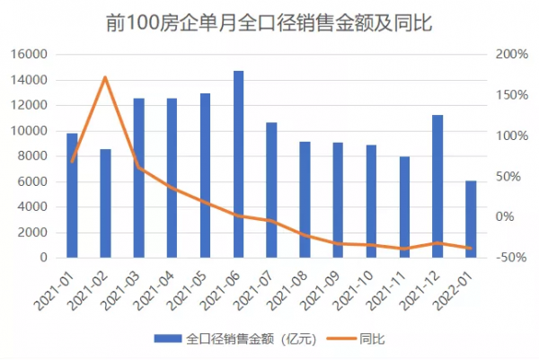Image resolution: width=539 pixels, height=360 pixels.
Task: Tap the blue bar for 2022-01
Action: (471, 219)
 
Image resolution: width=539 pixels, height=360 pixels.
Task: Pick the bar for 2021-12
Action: (437, 186)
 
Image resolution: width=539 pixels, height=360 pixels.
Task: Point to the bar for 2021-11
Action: (404, 206)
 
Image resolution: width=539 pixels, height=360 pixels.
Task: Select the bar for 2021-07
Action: (271, 189)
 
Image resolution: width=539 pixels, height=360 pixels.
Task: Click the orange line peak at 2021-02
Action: (105, 77)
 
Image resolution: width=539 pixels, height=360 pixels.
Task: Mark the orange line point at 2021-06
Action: (238, 215)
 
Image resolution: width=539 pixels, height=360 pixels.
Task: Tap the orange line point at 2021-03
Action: (138, 167)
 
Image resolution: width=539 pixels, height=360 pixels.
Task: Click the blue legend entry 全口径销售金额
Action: (233, 339)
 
